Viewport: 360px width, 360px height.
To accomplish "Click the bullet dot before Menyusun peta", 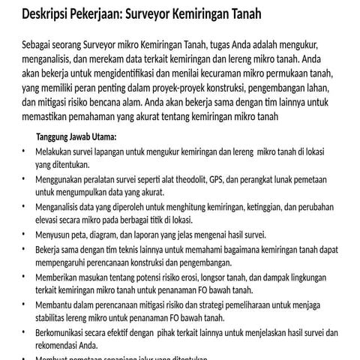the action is click(23, 235).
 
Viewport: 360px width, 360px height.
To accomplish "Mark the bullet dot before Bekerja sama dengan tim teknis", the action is click(23, 250).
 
